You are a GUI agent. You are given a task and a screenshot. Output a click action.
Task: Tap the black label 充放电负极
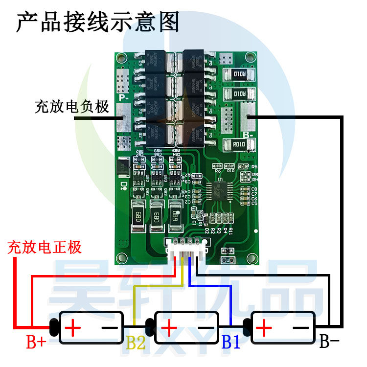(71, 107)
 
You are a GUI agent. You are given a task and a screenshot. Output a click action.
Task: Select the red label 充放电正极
(44, 247)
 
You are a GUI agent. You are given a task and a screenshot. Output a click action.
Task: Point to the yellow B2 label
(136, 343)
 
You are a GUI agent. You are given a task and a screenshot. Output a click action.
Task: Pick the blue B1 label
(231, 342)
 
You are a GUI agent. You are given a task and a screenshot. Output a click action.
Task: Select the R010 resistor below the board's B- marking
(239, 144)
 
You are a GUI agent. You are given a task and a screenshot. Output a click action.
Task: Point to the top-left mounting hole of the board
(122, 58)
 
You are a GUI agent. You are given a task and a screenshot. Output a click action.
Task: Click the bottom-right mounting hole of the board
(252, 258)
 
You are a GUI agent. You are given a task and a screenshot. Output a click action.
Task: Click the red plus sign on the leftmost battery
(72, 327)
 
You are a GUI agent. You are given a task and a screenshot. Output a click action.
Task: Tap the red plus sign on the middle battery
(168, 327)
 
